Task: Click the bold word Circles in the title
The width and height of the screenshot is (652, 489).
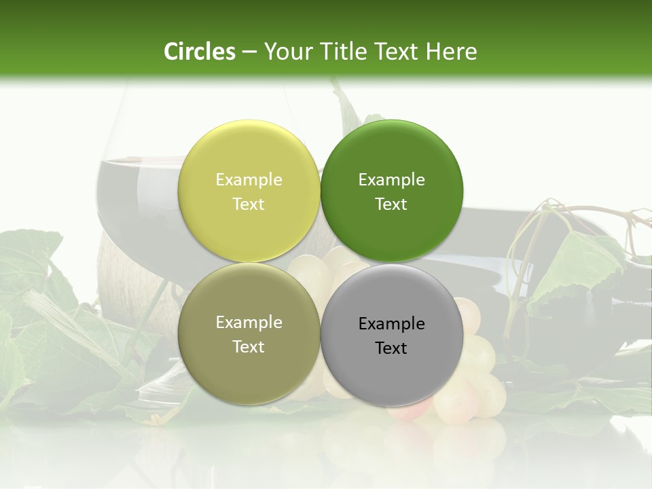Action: (x=200, y=52)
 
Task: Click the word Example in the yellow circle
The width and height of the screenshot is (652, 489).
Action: (x=249, y=179)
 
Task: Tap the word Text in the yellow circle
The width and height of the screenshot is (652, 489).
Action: (x=249, y=204)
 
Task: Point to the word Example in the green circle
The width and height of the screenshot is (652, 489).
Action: (x=391, y=179)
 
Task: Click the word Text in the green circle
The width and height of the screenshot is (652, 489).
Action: (x=391, y=204)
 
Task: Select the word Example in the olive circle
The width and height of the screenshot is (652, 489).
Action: (x=249, y=322)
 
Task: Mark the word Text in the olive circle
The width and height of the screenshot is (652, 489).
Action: (x=249, y=346)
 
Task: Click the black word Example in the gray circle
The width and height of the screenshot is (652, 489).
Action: (x=391, y=323)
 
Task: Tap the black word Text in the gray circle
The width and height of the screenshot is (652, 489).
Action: (x=391, y=348)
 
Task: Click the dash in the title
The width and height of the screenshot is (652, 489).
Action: (x=249, y=52)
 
